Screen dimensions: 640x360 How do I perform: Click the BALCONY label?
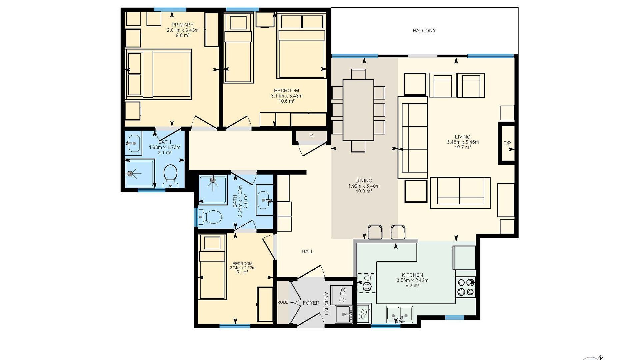(x=424, y=31)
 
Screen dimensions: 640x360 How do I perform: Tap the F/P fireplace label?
(x=507, y=143)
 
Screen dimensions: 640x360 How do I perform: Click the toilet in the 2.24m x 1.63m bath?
(x=210, y=217)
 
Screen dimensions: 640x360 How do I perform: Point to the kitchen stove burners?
(x=466, y=287)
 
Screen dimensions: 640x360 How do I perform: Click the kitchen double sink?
(x=400, y=314)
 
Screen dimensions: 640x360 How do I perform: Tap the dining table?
(x=358, y=110)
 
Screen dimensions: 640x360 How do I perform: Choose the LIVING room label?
(x=463, y=137)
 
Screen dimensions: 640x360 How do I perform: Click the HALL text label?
(x=307, y=251)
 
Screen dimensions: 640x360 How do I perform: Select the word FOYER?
(x=311, y=303)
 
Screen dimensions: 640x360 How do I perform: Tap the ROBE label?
(x=283, y=303)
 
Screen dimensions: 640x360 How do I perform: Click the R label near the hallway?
(x=311, y=136)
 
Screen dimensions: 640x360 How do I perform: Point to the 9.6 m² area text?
(x=183, y=35)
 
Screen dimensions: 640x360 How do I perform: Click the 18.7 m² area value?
(x=463, y=147)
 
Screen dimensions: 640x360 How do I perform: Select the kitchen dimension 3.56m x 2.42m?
(x=412, y=280)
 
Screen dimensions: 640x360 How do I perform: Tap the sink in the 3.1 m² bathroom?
(x=134, y=143)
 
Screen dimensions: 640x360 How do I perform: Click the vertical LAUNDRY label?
(x=327, y=303)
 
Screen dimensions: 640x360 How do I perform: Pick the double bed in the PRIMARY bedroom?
(x=158, y=74)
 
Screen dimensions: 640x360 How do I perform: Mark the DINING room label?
(x=364, y=181)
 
